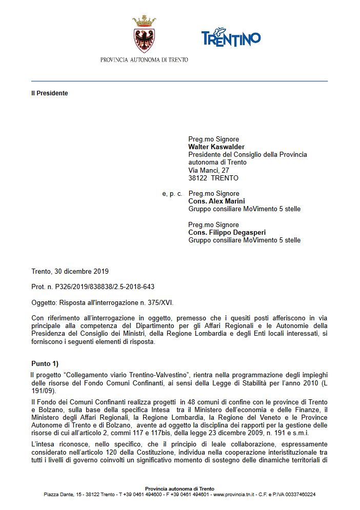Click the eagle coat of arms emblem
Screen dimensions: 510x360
(x=144, y=37)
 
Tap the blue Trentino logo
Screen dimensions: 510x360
(x=231, y=37)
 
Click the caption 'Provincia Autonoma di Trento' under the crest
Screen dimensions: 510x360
(x=144, y=59)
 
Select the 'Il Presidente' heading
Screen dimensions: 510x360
(x=49, y=93)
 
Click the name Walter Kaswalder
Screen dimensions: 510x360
(x=216, y=147)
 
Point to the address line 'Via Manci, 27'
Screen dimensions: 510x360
(x=209, y=170)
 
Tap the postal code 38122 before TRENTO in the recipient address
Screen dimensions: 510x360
(x=197, y=178)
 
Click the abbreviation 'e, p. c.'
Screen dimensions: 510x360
(x=172, y=194)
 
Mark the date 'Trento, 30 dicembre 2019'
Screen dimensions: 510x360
(x=70, y=271)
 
